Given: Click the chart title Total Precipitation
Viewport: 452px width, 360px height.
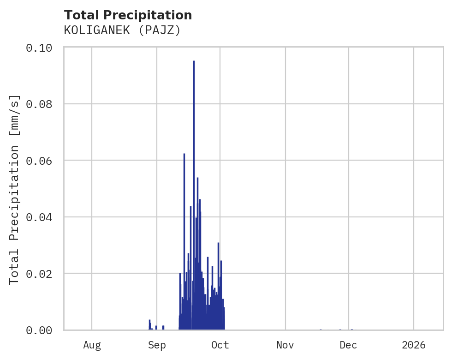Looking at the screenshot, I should (128, 15).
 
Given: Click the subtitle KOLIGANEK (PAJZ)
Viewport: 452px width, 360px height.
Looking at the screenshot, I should (122, 30).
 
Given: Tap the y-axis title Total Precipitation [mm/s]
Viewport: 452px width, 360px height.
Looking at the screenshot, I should (15, 189).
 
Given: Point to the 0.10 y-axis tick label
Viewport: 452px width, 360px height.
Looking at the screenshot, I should (39, 48).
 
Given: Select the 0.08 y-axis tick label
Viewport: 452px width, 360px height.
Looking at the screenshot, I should (39, 104).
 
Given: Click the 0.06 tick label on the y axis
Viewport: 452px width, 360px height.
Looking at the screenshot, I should (39, 161).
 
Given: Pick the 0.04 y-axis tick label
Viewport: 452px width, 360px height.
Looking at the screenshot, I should (39, 217).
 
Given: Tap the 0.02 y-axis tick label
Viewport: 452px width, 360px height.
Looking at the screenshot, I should (39, 273).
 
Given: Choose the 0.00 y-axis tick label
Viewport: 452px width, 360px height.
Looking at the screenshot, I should (39, 330).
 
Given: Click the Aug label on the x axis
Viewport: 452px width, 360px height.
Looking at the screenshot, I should (92, 345).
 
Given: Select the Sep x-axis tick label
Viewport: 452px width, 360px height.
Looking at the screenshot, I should (157, 345).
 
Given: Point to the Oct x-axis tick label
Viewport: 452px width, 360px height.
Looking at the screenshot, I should (220, 345).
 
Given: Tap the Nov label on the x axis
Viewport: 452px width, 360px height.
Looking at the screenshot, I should (285, 345).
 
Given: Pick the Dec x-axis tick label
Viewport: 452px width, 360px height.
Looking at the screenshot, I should (348, 345).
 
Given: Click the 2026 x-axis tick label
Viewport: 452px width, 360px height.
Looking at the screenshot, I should (414, 345).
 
